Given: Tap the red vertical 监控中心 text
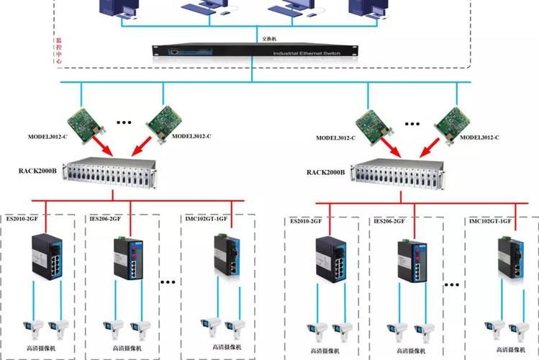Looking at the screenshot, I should [x=59, y=51].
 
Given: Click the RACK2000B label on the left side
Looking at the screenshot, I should [x=40, y=171].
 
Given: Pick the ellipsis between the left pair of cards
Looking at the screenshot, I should [x=123, y=123].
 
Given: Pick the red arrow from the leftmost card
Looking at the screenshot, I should [x=100, y=147].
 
